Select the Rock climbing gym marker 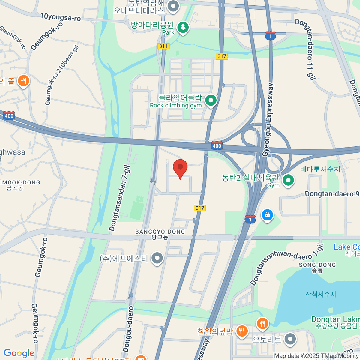(x=211, y=100)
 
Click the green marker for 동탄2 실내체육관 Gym (x=288, y=181)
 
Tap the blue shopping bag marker (x=267, y=215)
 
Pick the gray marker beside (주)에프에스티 (x=157, y=258)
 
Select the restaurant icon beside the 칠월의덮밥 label (x=241, y=331)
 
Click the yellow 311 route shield (x=163, y=46)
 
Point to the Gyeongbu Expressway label (x=268, y=120)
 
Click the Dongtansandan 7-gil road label (x=120, y=198)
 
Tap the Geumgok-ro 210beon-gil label (x=61, y=75)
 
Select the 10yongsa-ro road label (x=61, y=17)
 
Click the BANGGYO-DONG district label (x=160, y=232)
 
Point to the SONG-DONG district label (x=317, y=265)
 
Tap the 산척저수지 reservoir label (x=321, y=294)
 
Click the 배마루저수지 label (x=320, y=169)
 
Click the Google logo (x=19, y=353)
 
